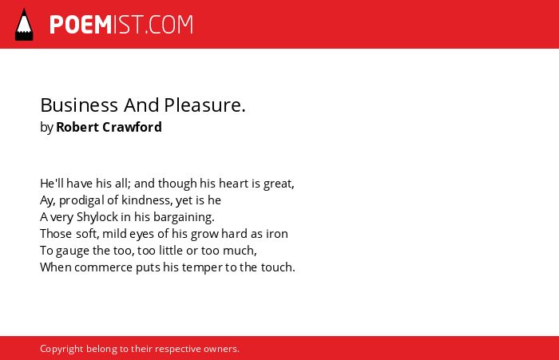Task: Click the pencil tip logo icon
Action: coord(24,24)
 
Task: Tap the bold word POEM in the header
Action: coord(81,25)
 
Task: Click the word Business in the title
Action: coord(79,105)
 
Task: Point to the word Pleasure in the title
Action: coord(204,105)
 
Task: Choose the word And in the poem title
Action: coord(141,105)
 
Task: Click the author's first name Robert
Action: coord(77,127)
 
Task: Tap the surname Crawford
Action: coord(132,127)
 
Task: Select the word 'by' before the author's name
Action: coord(46,128)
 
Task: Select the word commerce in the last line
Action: coord(103,267)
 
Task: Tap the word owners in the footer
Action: coord(221,349)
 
